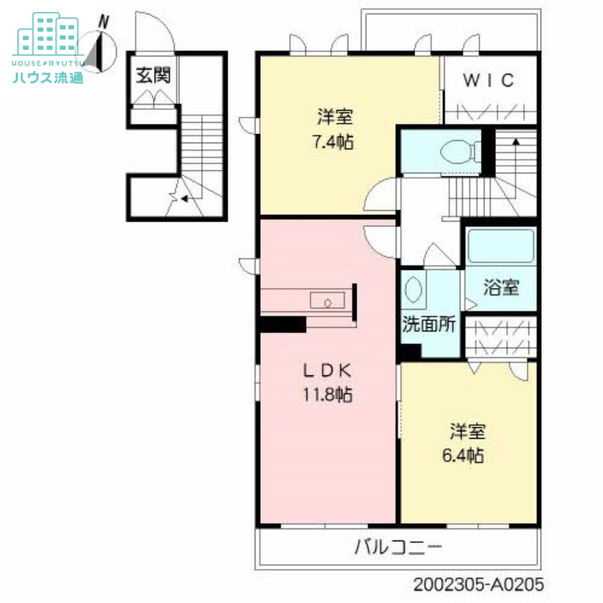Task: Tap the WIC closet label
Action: click(488, 81)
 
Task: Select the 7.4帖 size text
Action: click(335, 141)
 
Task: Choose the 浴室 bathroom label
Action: click(500, 287)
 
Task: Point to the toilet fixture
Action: click(455, 152)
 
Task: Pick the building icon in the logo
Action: click(47, 34)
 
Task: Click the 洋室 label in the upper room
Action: click(335, 118)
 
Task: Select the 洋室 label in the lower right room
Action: click(467, 432)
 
